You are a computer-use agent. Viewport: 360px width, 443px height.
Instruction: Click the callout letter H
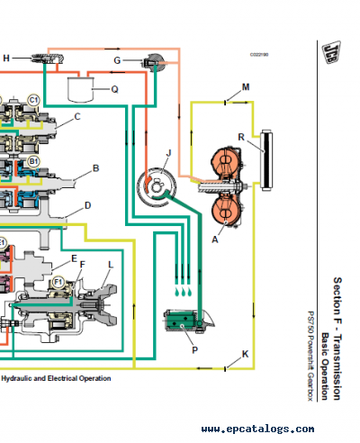click(x=6, y=59)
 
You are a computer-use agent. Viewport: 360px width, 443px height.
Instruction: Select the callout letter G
click(x=117, y=60)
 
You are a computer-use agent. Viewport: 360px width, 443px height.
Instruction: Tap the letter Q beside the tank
click(x=114, y=89)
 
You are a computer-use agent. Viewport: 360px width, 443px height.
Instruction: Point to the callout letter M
click(x=245, y=87)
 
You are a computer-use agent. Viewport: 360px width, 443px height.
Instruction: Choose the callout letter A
click(x=214, y=240)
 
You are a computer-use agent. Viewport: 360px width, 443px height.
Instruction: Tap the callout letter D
click(x=87, y=205)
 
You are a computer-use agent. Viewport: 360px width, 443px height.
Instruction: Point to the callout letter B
click(x=95, y=167)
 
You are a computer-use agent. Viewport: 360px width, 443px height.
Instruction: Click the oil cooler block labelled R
click(x=264, y=161)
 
